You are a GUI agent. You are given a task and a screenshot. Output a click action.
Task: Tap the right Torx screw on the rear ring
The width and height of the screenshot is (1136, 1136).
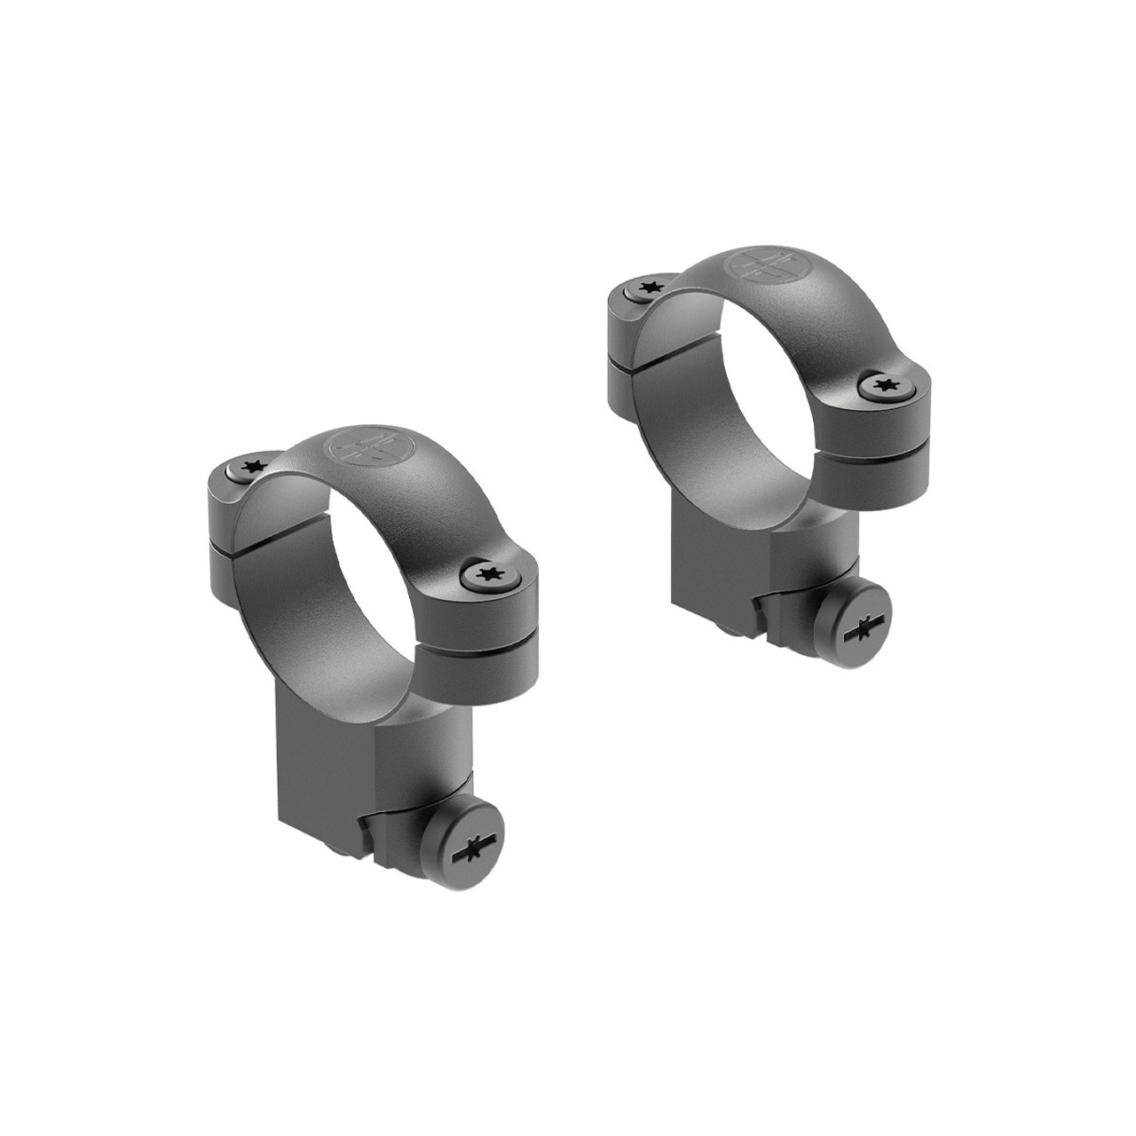point(882,383)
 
